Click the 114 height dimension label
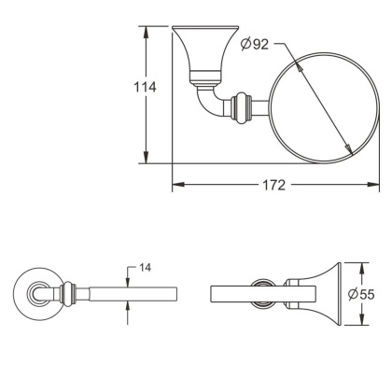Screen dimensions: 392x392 [x=143, y=87]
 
